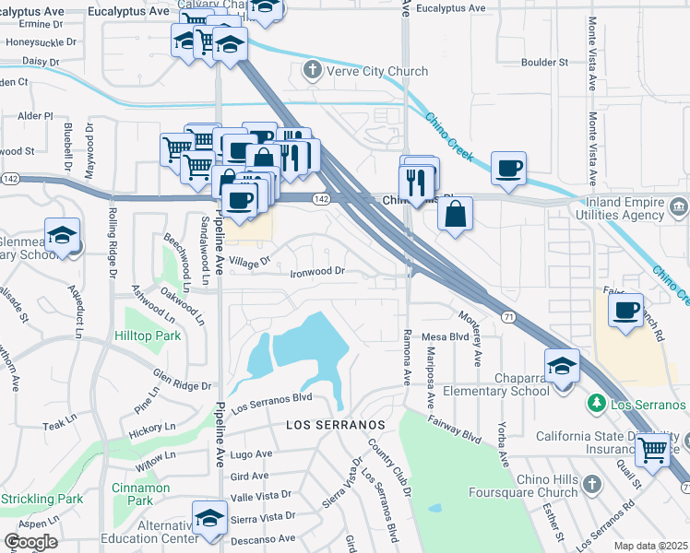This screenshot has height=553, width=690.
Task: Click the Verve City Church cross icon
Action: (313, 71)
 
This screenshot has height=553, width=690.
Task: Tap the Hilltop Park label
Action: (148, 337)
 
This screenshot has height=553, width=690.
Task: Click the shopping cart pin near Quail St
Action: (653, 451)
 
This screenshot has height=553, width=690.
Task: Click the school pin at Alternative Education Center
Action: (210, 517)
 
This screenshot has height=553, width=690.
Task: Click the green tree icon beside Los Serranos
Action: (597, 404)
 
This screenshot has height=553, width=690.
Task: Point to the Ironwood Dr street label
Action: (317, 272)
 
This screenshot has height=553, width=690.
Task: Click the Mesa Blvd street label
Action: (446, 336)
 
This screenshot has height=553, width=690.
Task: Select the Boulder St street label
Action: (544, 63)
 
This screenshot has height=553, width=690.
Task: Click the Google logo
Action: (30, 542)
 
